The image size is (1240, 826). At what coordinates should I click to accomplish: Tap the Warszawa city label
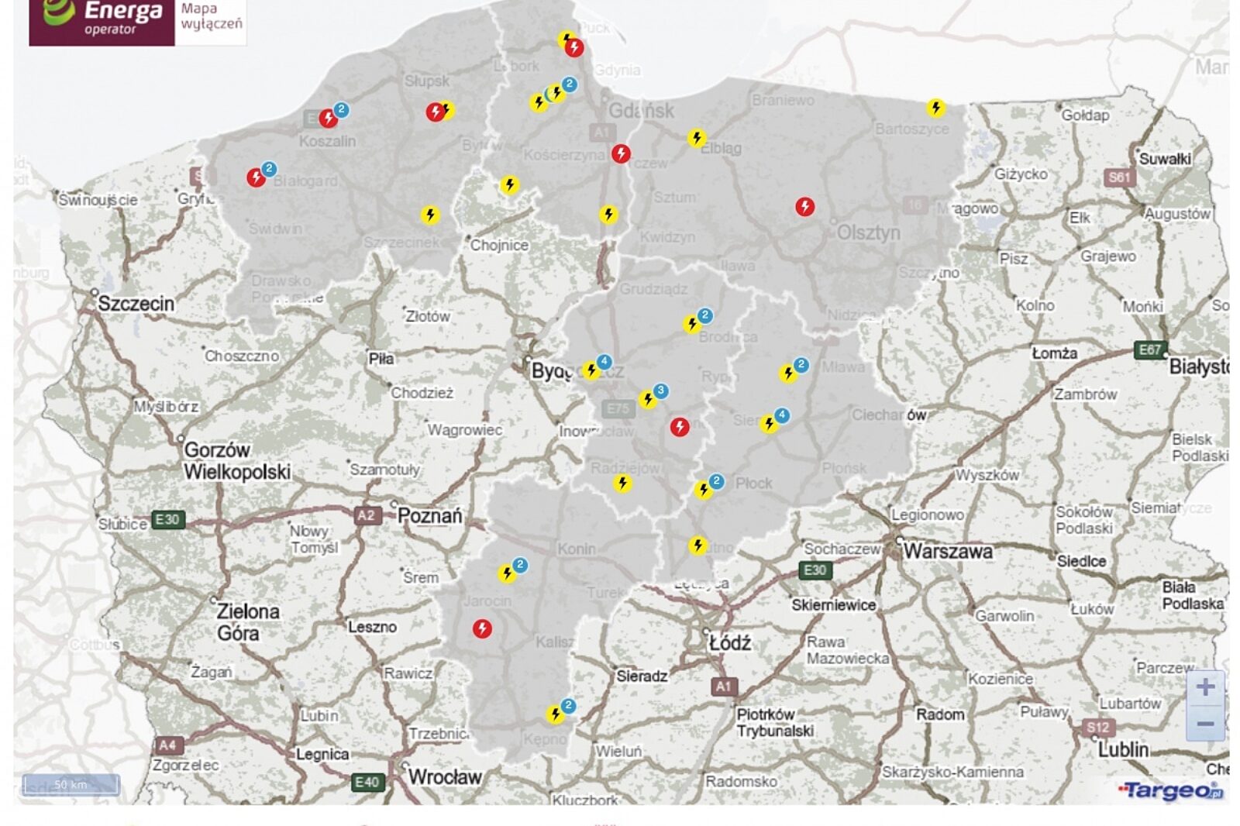pyautogui.click(x=947, y=552)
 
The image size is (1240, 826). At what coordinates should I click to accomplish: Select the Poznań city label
pyautogui.click(x=430, y=516)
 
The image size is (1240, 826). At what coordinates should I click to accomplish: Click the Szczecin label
pyautogui.click(x=136, y=304)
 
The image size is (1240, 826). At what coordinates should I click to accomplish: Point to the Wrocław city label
pyautogui.click(x=445, y=776)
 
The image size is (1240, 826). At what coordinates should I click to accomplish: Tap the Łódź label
pyautogui.click(x=730, y=642)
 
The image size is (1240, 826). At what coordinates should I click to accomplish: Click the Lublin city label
pyautogui.click(x=1123, y=749)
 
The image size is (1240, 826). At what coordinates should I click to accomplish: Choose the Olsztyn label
pyautogui.click(x=868, y=232)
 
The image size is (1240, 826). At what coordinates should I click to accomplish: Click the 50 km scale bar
pyautogui.click(x=71, y=785)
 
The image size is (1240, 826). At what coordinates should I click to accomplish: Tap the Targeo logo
pyautogui.click(x=1170, y=790)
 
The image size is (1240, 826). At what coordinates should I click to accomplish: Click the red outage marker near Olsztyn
pyautogui.click(x=805, y=206)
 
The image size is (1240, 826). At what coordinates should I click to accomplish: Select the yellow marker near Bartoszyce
pyautogui.click(x=936, y=107)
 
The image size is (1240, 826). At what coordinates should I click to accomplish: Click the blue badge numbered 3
pyautogui.click(x=660, y=391)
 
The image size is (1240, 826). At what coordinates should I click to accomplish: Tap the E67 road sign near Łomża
pyautogui.click(x=1149, y=349)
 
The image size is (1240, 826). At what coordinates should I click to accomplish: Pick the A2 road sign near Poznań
pyautogui.click(x=367, y=515)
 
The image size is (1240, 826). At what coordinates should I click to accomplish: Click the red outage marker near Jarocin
pyautogui.click(x=482, y=628)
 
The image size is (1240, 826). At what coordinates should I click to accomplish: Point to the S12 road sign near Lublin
pyautogui.click(x=1097, y=727)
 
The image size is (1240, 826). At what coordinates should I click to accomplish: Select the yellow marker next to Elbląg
pyautogui.click(x=697, y=138)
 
